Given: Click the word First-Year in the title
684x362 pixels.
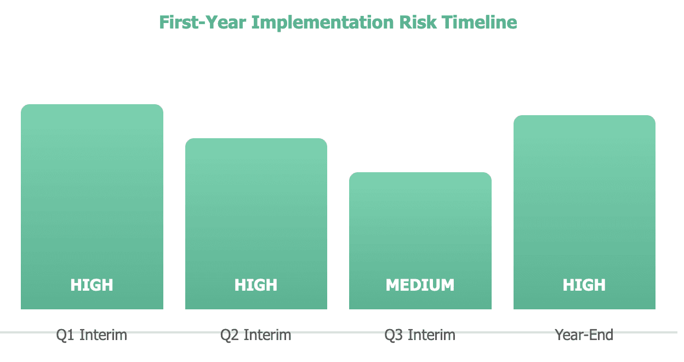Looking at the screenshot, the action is coord(202,22).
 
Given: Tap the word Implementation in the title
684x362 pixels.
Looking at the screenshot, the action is coord(322,23).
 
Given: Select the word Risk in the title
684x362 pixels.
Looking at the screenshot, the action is coord(418,22).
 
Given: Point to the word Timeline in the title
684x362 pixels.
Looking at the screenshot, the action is coord(480,22).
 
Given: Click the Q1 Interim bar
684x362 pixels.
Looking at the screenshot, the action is coord(92,207).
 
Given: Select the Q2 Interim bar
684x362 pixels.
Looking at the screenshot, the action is coord(256,224).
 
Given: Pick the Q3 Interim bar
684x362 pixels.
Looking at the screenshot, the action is coord(420,241).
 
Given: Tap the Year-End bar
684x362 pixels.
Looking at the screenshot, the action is coord(584,212).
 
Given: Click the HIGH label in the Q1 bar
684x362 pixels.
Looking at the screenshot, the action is coord(92,285).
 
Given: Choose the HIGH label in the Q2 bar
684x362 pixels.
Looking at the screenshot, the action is coord(256,285).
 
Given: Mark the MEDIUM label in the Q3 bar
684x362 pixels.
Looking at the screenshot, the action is coord(420,285).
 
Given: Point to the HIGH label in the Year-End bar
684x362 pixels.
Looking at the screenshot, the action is coord(584,285).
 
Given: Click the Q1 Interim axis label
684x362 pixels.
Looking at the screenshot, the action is coord(92,335).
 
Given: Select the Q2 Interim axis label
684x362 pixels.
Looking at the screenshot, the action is coord(256,335).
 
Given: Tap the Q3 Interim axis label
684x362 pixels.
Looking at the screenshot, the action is coord(420,335).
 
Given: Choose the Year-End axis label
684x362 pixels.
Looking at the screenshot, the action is coord(584,335).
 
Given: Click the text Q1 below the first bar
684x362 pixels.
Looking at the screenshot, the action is coord(65,335).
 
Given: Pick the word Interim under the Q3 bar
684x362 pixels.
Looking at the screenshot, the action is coord(431,335).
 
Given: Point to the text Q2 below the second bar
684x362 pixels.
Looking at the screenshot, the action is coord(229,335).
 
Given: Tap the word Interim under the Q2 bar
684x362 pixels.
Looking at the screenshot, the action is coord(267,335).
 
